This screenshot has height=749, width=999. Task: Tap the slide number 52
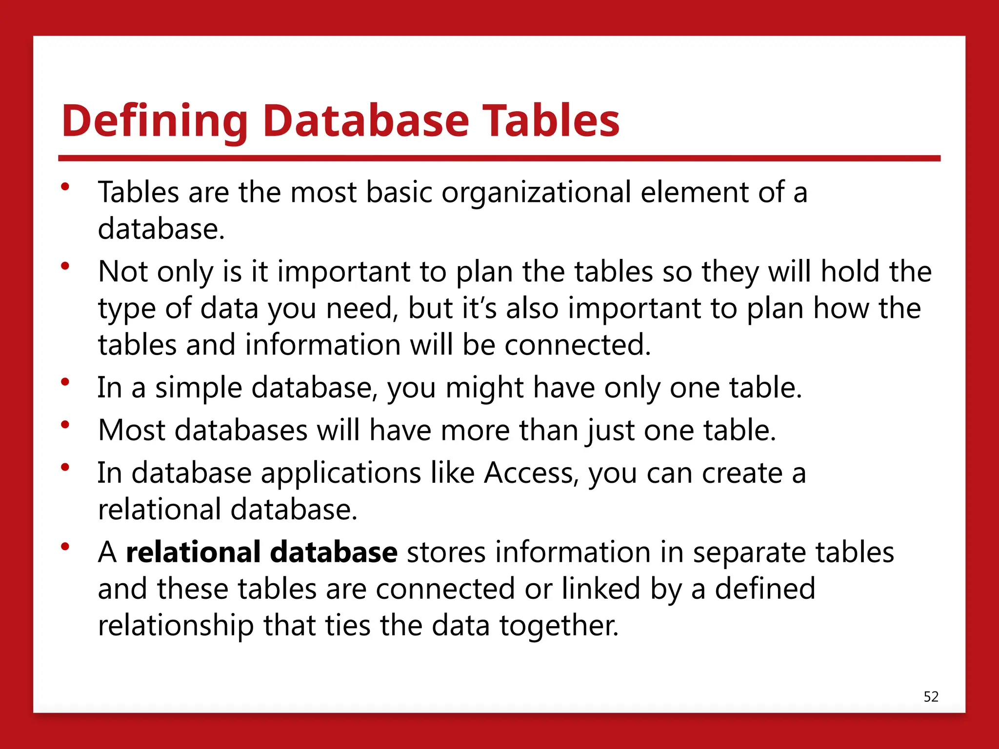931,697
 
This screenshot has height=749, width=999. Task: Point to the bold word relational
193,552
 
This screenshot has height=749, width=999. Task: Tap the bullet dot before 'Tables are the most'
65,187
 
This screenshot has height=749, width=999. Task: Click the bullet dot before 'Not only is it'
65,266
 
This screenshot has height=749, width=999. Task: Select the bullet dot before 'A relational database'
65,547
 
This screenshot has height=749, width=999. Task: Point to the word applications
340,473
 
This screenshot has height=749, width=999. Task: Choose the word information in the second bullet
322,345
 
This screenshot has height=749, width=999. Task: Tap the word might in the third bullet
484,388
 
